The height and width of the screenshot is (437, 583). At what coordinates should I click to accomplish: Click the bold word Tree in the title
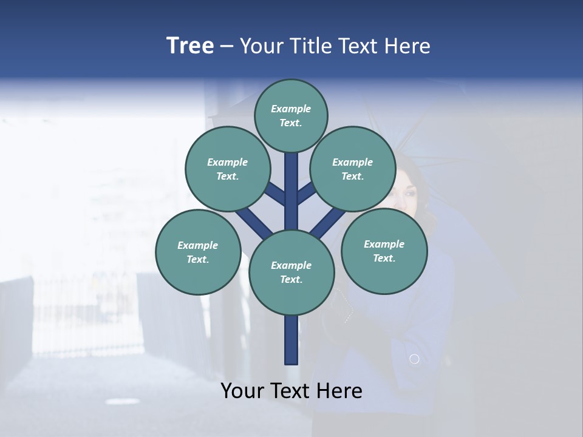[x=190, y=46]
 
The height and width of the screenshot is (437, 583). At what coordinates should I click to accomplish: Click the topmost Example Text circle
[x=291, y=115]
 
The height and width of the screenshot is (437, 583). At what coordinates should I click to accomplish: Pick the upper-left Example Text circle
[x=227, y=169]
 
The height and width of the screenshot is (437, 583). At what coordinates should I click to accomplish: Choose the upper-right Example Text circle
[x=353, y=169]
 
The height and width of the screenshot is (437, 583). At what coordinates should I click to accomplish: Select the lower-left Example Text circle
[x=198, y=252]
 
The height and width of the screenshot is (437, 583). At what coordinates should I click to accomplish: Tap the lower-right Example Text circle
[x=384, y=251]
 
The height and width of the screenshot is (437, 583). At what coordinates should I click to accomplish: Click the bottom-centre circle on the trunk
[x=291, y=273]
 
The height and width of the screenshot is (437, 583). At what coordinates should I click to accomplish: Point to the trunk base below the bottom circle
[x=291, y=340]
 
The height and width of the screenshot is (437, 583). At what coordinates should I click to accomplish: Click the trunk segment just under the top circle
[x=291, y=176]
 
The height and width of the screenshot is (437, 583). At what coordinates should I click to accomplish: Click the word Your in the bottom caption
[x=242, y=391]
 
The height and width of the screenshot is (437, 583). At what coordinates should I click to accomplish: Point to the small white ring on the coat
[x=414, y=359]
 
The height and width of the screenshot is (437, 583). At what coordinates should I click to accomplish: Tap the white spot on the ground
[x=122, y=401]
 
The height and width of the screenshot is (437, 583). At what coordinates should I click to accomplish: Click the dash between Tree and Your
[x=227, y=47]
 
